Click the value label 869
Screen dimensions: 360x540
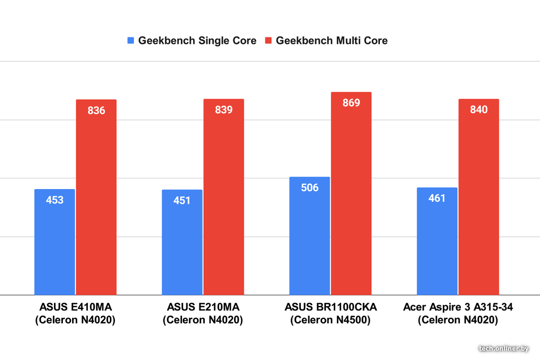(x=351, y=103)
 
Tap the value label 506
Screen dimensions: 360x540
(x=310, y=188)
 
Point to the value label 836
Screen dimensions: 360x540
(x=96, y=111)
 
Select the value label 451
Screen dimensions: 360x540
(x=182, y=200)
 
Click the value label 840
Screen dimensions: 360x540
(x=479, y=110)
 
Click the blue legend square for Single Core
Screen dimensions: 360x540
(x=131, y=41)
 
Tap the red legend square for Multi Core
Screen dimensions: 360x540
(x=269, y=41)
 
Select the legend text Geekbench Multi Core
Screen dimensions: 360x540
(x=332, y=41)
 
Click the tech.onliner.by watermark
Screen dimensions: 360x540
(x=504, y=348)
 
